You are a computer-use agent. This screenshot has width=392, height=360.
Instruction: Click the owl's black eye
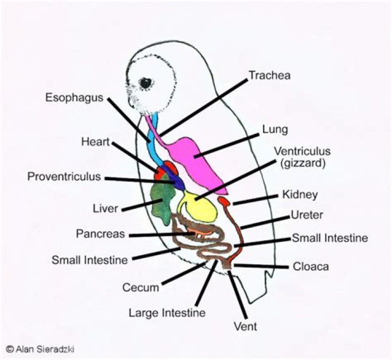pyautogui.click(x=146, y=82)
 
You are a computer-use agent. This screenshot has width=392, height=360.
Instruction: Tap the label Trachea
pyautogui.click(x=269, y=75)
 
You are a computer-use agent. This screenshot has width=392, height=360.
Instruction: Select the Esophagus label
pyautogui.click(x=75, y=98)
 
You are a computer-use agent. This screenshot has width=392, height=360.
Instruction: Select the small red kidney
pyautogui.click(x=224, y=203)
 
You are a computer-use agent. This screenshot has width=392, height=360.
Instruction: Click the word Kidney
pyautogui.click(x=300, y=194)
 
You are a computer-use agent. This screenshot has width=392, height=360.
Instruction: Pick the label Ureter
pyautogui.click(x=305, y=215)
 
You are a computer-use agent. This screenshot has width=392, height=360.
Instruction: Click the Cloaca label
pyautogui.click(x=311, y=267)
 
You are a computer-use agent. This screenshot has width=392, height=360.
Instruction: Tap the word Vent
pyautogui.click(x=245, y=327)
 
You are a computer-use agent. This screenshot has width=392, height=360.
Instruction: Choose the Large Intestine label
pyautogui.click(x=167, y=313)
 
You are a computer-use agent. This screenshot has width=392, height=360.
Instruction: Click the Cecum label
pyautogui.click(x=140, y=288)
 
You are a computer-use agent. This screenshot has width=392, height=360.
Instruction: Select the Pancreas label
pyautogui.click(x=100, y=234)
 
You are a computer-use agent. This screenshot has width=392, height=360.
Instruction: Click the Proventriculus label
pyautogui.click(x=64, y=177)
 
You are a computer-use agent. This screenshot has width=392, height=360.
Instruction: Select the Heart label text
pyautogui.click(x=96, y=142)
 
